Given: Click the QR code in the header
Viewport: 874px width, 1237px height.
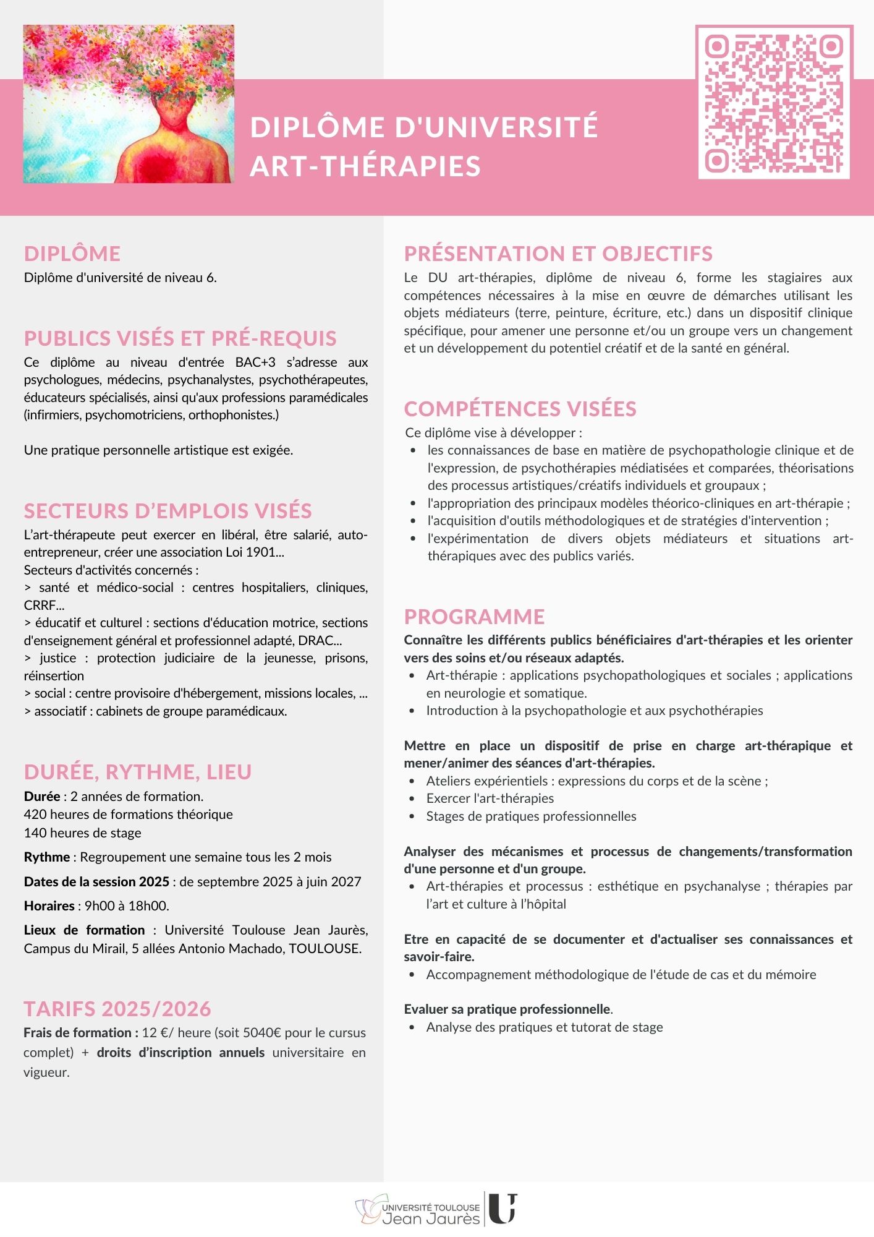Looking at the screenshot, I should click(x=774, y=103).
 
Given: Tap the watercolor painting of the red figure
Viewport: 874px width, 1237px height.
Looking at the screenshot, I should click(x=129, y=104).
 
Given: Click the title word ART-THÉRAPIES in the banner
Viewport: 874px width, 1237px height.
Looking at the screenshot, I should click(x=365, y=166).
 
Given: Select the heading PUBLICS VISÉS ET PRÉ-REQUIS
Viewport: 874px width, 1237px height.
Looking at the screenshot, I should click(x=180, y=338).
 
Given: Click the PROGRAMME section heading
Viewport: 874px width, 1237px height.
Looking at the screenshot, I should click(x=474, y=616).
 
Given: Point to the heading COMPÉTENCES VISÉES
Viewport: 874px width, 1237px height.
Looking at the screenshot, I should click(x=520, y=409).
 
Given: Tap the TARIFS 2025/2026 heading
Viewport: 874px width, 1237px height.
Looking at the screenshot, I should click(x=117, y=1009).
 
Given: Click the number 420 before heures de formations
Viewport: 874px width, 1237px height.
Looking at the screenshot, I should click(x=35, y=815).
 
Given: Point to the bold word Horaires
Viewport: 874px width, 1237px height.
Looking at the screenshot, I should click(x=49, y=906).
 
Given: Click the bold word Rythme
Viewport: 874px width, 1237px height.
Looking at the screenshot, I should click(x=47, y=857).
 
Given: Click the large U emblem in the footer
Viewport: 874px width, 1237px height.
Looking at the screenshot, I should click(x=503, y=1209).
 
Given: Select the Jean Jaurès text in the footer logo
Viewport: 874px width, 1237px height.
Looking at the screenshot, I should click(x=431, y=1219).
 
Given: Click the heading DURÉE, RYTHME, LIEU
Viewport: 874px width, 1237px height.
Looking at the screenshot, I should click(x=138, y=772).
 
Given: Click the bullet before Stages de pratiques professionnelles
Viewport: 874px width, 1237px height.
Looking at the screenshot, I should click(x=412, y=816).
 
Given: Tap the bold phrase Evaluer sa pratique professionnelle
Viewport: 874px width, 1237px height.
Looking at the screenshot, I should click(x=507, y=1009).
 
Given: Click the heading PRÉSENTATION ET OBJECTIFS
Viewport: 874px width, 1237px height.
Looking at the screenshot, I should click(x=558, y=254).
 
